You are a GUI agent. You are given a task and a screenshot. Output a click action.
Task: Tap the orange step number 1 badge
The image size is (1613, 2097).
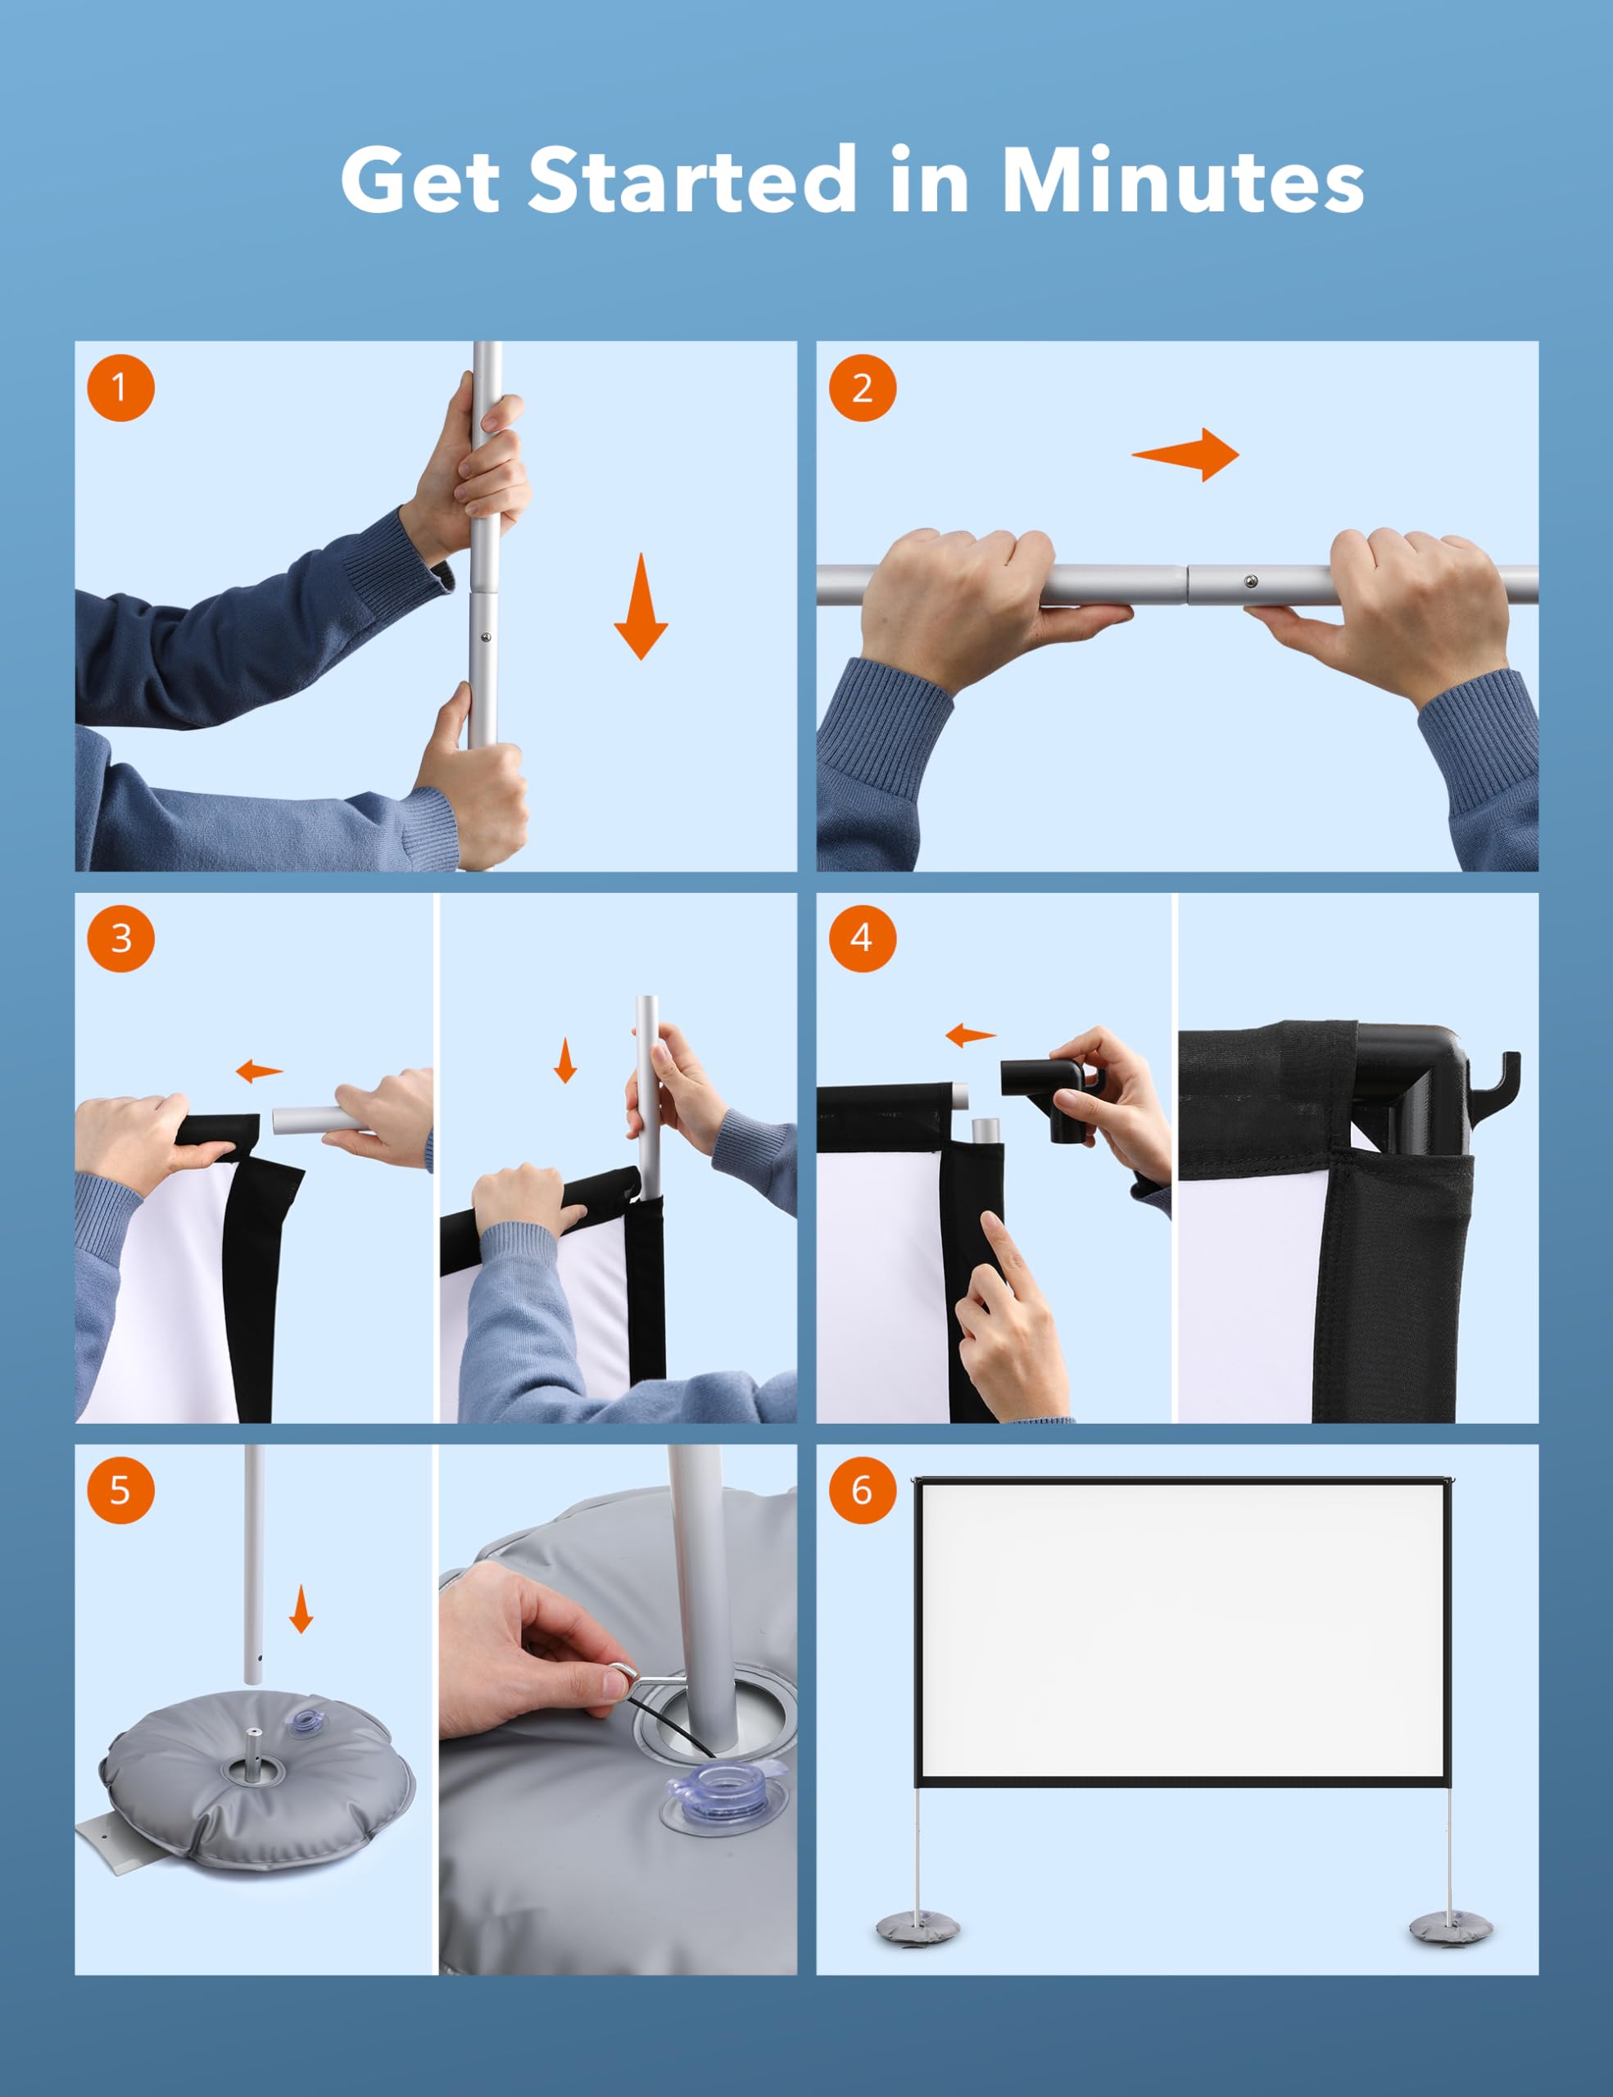point(120,388)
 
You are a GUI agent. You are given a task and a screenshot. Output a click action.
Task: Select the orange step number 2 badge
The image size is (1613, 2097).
point(861,388)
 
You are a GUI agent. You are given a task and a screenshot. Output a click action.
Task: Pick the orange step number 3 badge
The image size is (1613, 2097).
point(120,937)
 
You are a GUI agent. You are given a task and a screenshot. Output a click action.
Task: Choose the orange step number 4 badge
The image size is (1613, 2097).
point(861,937)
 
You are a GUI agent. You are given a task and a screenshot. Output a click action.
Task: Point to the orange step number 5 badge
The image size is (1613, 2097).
point(120,1489)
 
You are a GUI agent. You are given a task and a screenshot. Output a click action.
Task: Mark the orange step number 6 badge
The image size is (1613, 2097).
point(861,1489)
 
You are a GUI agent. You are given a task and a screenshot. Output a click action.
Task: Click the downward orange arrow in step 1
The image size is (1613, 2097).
point(641,606)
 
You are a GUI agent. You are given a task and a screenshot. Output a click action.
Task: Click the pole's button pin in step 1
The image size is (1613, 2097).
point(487,636)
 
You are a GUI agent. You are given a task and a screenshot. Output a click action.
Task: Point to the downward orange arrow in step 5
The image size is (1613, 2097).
point(301,1608)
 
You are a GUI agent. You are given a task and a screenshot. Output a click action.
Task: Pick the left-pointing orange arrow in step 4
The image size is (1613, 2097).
point(971,1035)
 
